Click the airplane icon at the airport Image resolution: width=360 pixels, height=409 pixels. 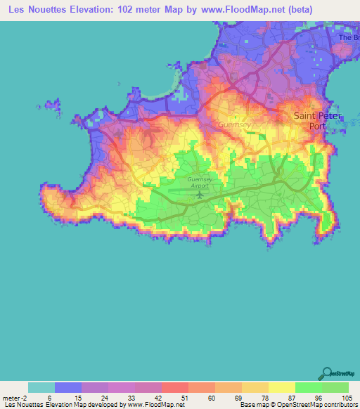tap(199, 193)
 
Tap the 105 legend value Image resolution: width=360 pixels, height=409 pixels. tap(346, 397)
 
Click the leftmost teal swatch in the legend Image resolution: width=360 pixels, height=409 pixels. tap(41, 387)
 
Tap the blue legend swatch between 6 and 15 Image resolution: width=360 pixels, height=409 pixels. tap(68, 387)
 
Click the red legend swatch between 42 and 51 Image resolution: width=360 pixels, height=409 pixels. tap(175, 387)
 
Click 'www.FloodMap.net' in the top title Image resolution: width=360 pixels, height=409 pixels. tap(233, 10)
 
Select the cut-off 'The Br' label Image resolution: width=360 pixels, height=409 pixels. tap(349, 37)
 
